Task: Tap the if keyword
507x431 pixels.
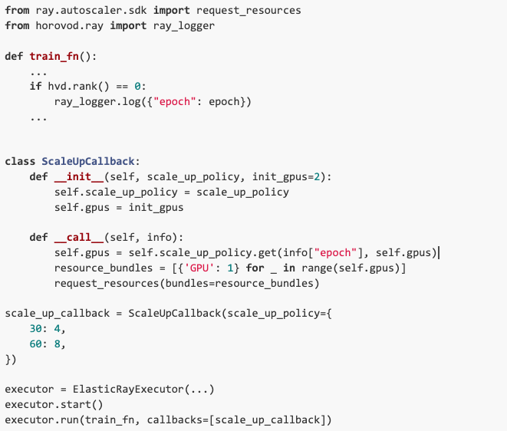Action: pyautogui.click(x=35, y=87)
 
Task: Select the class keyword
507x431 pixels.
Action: pyautogui.click(x=20, y=162)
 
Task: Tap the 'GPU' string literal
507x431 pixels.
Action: pyautogui.click(x=199, y=268)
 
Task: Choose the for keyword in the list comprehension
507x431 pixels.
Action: pyautogui.click(x=255, y=268)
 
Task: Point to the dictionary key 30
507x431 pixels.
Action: pyautogui.click(x=35, y=329)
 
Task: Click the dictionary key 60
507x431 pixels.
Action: pyautogui.click(x=35, y=344)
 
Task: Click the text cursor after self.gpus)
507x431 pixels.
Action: pyautogui.click(x=440, y=253)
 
